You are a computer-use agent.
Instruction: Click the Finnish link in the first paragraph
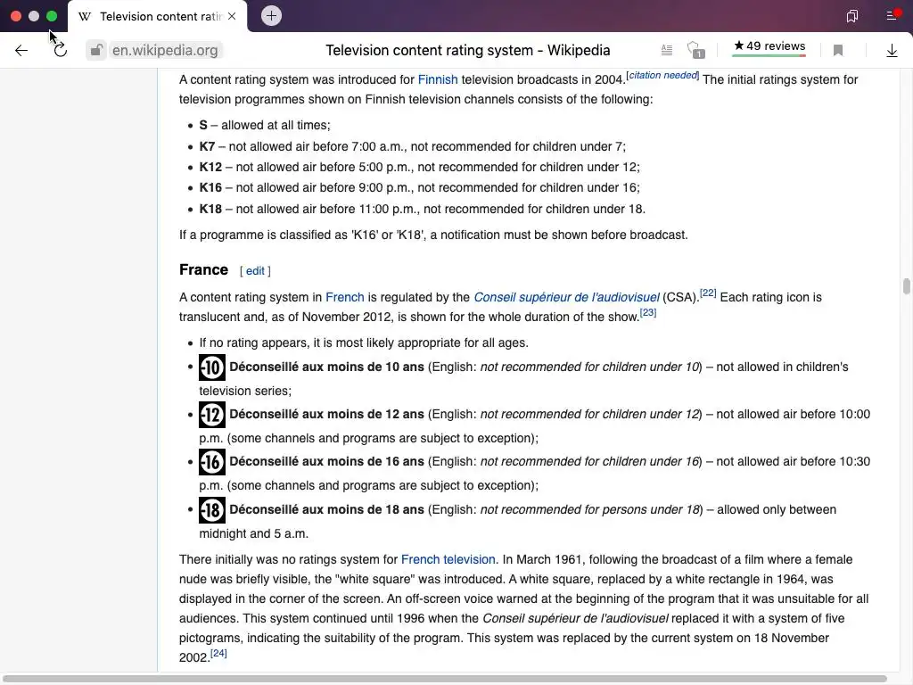(x=437, y=79)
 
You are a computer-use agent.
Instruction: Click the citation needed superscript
(x=662, y=76)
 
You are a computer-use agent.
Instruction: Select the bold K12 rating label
(x=210, y=167)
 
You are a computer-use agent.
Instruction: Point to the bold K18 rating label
(x=210, y=209)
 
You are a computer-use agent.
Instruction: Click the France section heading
(x=203, y=269)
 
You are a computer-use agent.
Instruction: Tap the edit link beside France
(x=255, y=271)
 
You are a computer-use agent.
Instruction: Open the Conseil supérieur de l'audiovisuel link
(x=566, y=297)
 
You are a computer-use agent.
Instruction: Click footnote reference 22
(x=708, y=293)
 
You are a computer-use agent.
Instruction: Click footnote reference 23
(x=648, y=313)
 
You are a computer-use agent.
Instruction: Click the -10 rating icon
(x=212, y=367)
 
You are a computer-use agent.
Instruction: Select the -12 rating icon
(x=212, y=415)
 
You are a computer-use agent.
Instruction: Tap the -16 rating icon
(x=212, y=462)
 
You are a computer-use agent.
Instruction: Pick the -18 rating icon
(x=212, y=510)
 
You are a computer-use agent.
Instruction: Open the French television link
(x=448, y=559)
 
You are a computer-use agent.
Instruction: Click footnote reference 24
(x=218, y=654)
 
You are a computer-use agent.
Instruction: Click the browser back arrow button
(x=21, y=51)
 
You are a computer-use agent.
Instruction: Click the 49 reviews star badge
(x=769, y=47)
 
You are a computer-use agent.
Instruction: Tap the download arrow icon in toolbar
(x=892, y=51)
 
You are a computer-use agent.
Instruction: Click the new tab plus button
(x=271, y=16)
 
